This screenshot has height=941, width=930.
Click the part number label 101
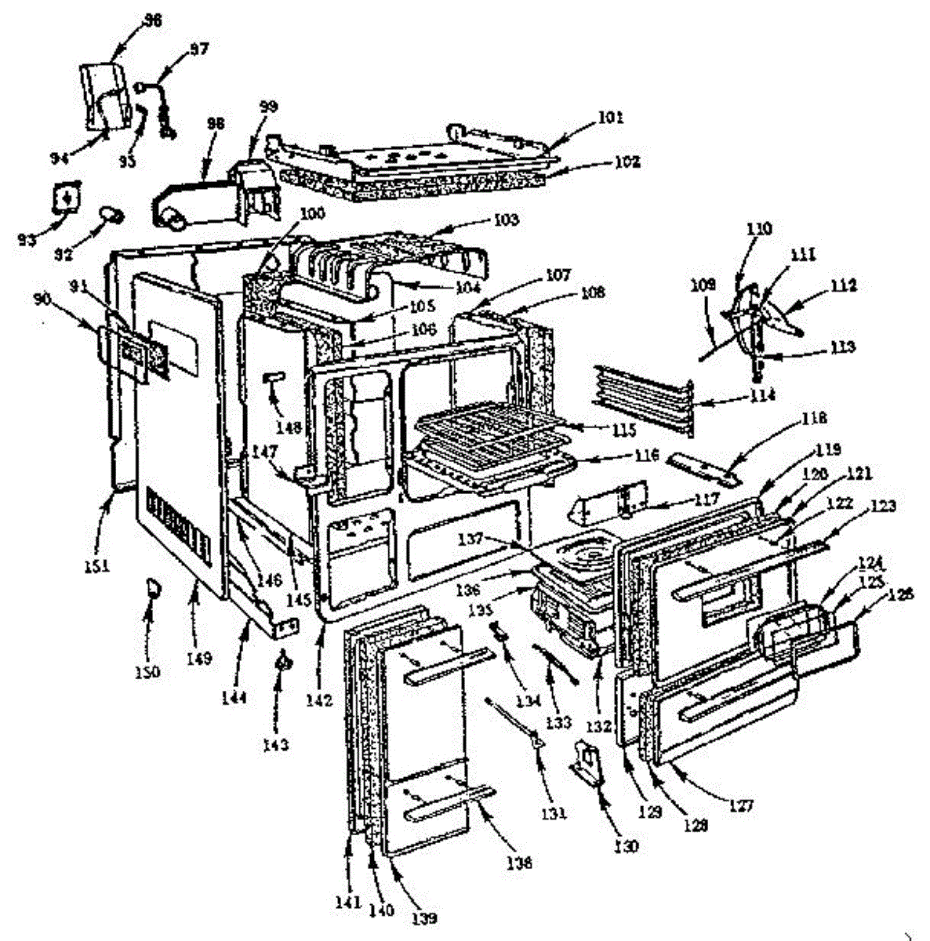pos(610,118)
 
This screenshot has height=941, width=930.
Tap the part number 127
pos(742,805)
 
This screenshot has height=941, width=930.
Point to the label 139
pos(423,917)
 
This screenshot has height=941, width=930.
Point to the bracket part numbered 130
pos(588,761)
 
